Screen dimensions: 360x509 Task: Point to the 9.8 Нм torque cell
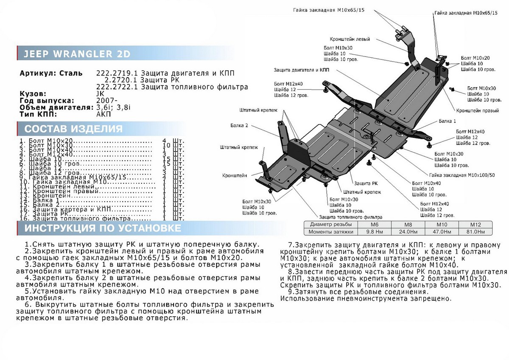pos(374,232)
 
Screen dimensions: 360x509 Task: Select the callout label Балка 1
pos(447,121)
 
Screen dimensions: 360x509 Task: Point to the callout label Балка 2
pos(239,126)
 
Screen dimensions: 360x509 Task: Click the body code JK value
pos(100,93)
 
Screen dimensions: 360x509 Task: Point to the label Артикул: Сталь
pos(51,73)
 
